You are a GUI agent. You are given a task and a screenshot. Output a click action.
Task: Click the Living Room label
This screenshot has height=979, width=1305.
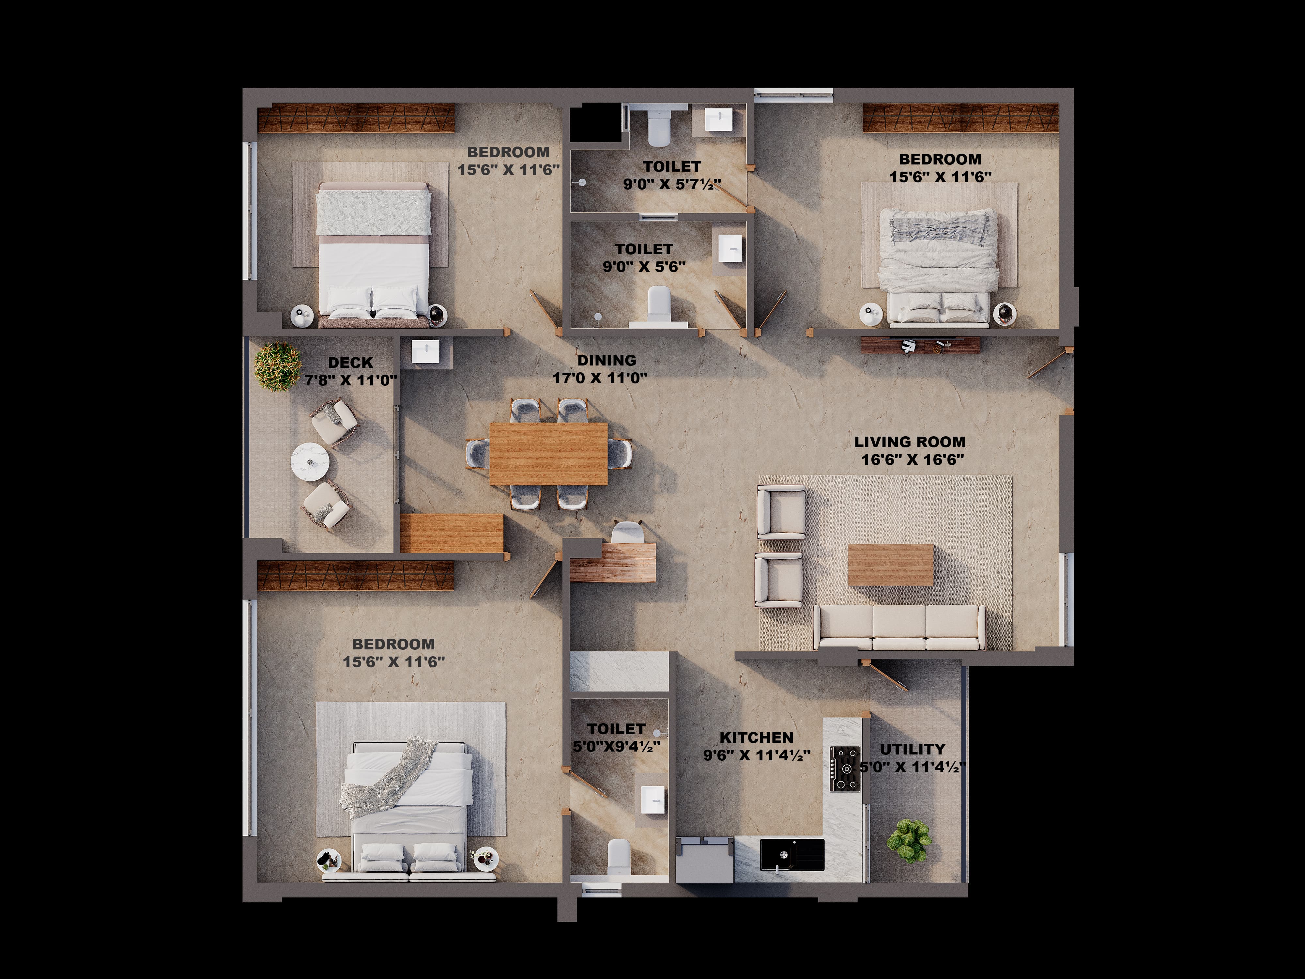click(910, 442)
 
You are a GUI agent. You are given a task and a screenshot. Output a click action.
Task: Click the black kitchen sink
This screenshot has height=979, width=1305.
click(792, 854)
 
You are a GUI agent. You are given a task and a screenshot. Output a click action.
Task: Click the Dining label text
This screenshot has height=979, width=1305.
click(606, 360)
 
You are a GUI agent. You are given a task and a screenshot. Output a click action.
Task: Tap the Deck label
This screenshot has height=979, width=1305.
click(350, 362)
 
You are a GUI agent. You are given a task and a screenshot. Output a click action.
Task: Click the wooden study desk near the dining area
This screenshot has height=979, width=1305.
click(613, 562)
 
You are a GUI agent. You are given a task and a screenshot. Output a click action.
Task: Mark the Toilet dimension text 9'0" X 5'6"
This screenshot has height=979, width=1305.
click(644, 267)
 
